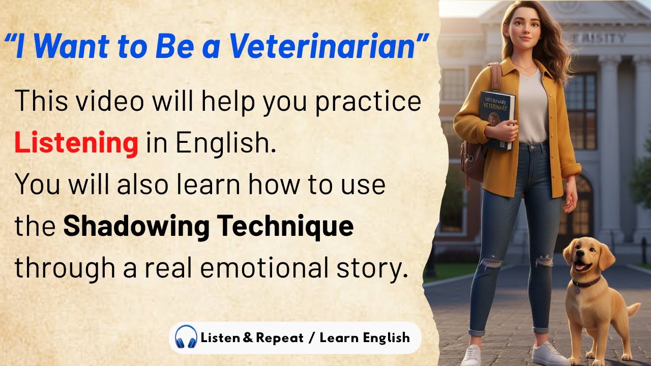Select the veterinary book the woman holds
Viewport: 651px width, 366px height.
pyautogui.click(x=497, y=119)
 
